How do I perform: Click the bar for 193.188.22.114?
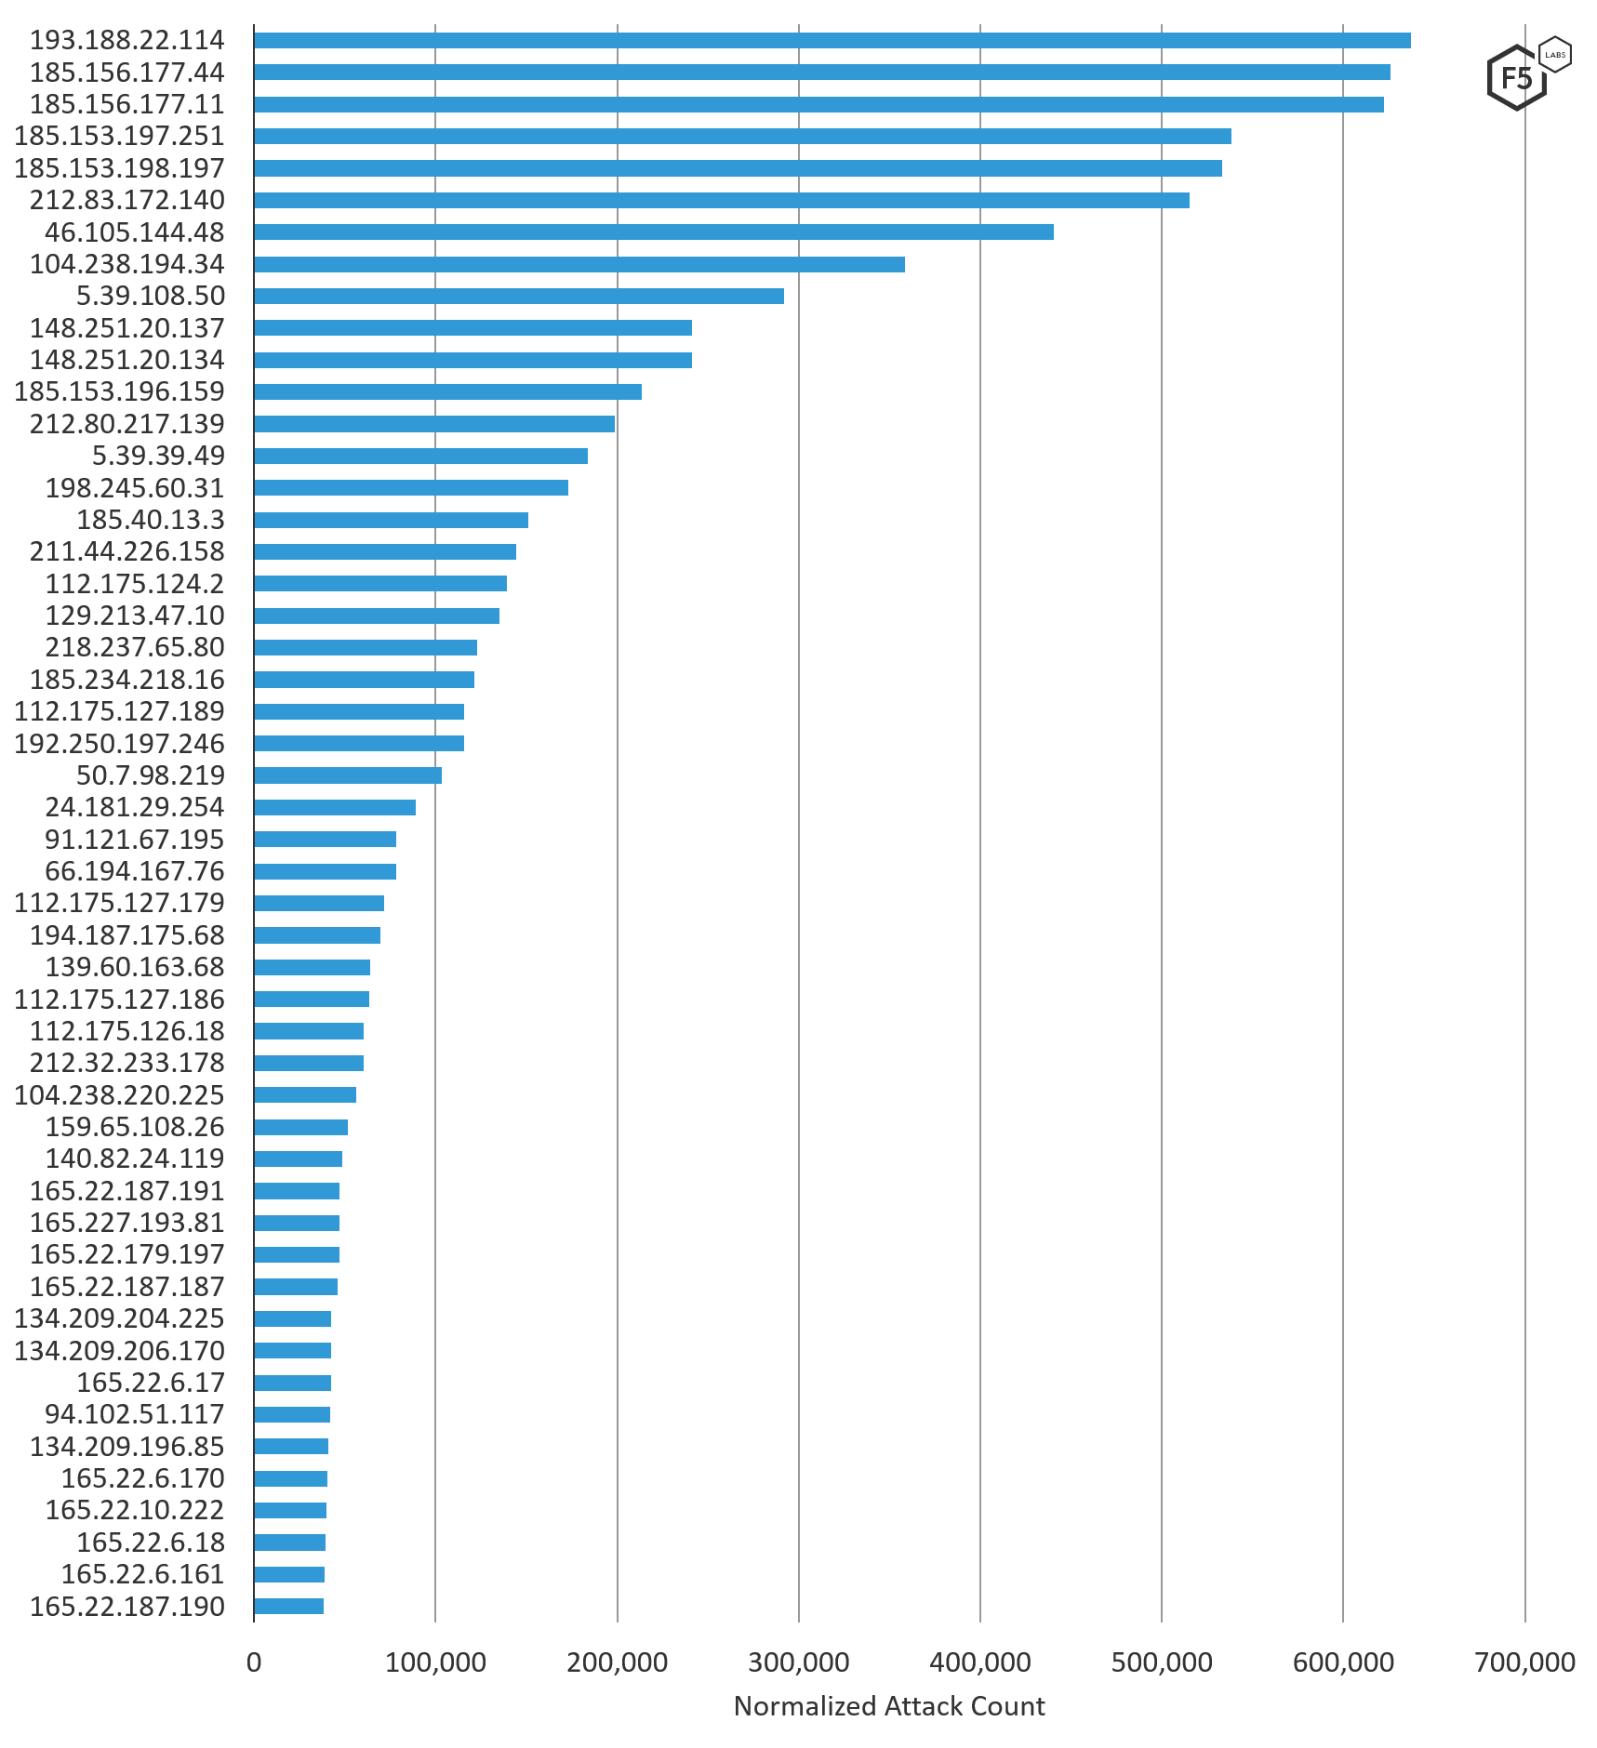(832, 40)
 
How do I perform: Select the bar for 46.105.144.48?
(653, 232)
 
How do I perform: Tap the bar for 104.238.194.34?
(579, 264)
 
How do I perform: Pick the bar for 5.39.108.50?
(518, 296)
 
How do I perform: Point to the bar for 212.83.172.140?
(721, 200)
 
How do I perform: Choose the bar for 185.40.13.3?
(391, 520)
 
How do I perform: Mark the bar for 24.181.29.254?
(334, 807)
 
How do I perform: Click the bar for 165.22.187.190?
(288, 1606)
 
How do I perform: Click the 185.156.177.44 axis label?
(127, 73)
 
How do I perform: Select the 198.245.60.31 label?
(135, 488)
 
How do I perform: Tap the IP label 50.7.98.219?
(151, 775)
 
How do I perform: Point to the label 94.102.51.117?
(135, 1414)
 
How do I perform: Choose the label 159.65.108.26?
(135, 1127)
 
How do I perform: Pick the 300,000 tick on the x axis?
(798, 1662)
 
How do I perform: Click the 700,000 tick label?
(1524, 1662)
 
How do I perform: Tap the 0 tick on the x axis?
(254, 1662)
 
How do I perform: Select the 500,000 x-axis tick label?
(1162, 1662)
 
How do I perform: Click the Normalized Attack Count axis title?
(889, 1706)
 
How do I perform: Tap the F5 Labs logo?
(1527, 74)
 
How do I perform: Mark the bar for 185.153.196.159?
(447, 391)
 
